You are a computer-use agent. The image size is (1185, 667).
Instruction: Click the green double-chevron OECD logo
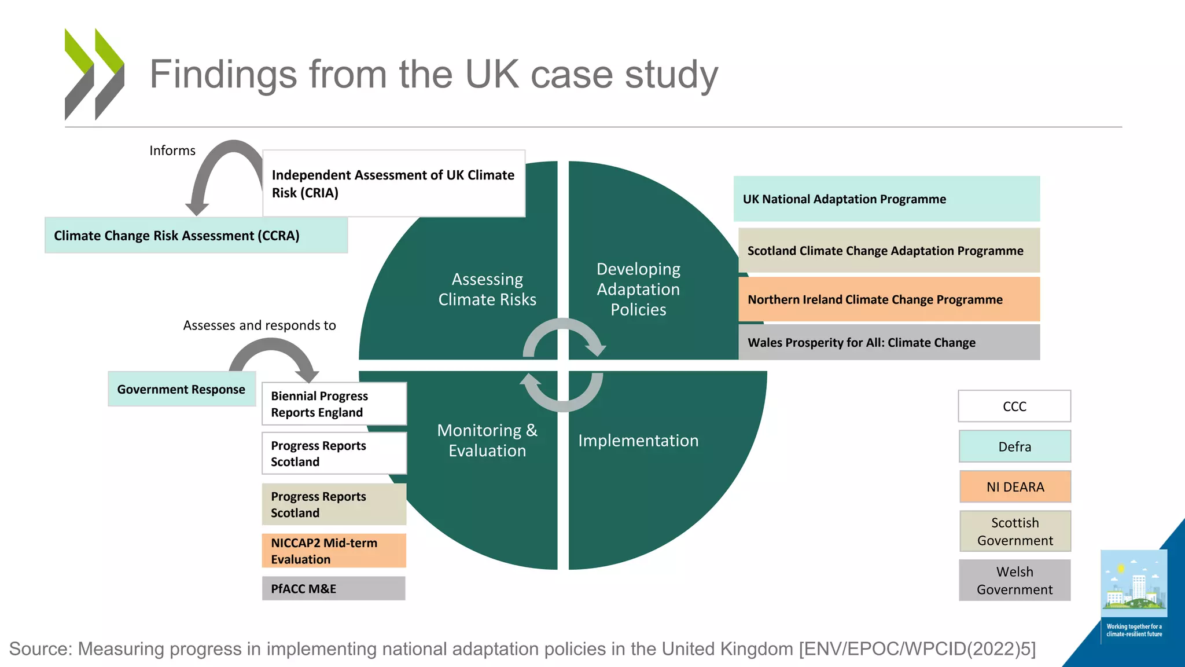[94, 74]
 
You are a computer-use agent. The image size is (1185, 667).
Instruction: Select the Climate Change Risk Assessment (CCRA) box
[196, 235]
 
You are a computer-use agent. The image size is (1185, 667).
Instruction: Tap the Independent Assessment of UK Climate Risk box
[393, 184]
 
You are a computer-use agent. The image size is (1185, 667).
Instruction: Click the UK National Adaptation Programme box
[886, 199]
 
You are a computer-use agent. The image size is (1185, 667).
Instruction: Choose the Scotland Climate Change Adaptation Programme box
[889, 250]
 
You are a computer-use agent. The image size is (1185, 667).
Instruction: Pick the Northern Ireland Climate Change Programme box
[889, 299]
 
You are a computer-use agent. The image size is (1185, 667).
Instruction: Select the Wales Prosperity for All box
[889, 342]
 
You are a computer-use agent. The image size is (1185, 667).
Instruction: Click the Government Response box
[182, 389]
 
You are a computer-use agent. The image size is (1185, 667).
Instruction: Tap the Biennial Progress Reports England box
[334, 404]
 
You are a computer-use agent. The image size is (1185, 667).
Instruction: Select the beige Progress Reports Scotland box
[334, 504]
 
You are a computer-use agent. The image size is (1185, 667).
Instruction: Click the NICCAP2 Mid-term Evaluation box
[334, 551]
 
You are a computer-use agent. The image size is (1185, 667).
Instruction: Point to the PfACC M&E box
[334, 588]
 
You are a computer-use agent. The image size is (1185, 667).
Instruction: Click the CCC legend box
[1015, 406]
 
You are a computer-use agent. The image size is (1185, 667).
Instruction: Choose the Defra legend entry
[1015, 446]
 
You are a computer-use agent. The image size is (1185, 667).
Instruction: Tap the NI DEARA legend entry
[1015, 486]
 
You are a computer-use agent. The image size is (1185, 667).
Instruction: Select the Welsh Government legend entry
[1015, 580]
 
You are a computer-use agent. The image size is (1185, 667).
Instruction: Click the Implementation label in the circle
[638, 441]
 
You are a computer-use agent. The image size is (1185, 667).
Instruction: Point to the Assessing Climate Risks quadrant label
[487, 289]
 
